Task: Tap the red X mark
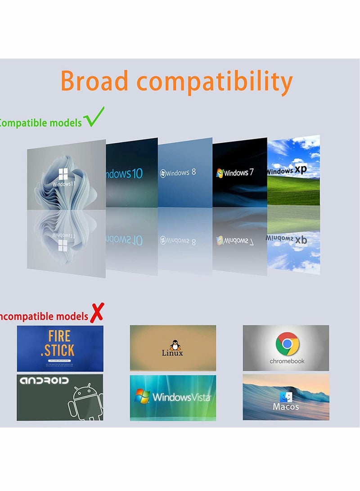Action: coord(96,312)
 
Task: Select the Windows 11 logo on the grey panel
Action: coord(63,174)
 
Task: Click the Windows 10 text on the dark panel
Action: coord(124,173)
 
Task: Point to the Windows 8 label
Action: coord(178,173)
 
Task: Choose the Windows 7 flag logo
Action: coord(220,173)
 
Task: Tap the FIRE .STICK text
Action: coord(59,343)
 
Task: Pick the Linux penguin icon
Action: coord(173,345)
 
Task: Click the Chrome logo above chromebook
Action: coord(288,344)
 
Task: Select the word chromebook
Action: coord(287,361)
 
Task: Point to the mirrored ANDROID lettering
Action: coord(45,381)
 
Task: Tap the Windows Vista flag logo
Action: coord(143,396)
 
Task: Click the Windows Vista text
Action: coord(181,397)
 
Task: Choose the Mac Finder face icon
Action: coord(286,397)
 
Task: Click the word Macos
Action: coord(286,407)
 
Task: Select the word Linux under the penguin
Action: coord(172,353)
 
